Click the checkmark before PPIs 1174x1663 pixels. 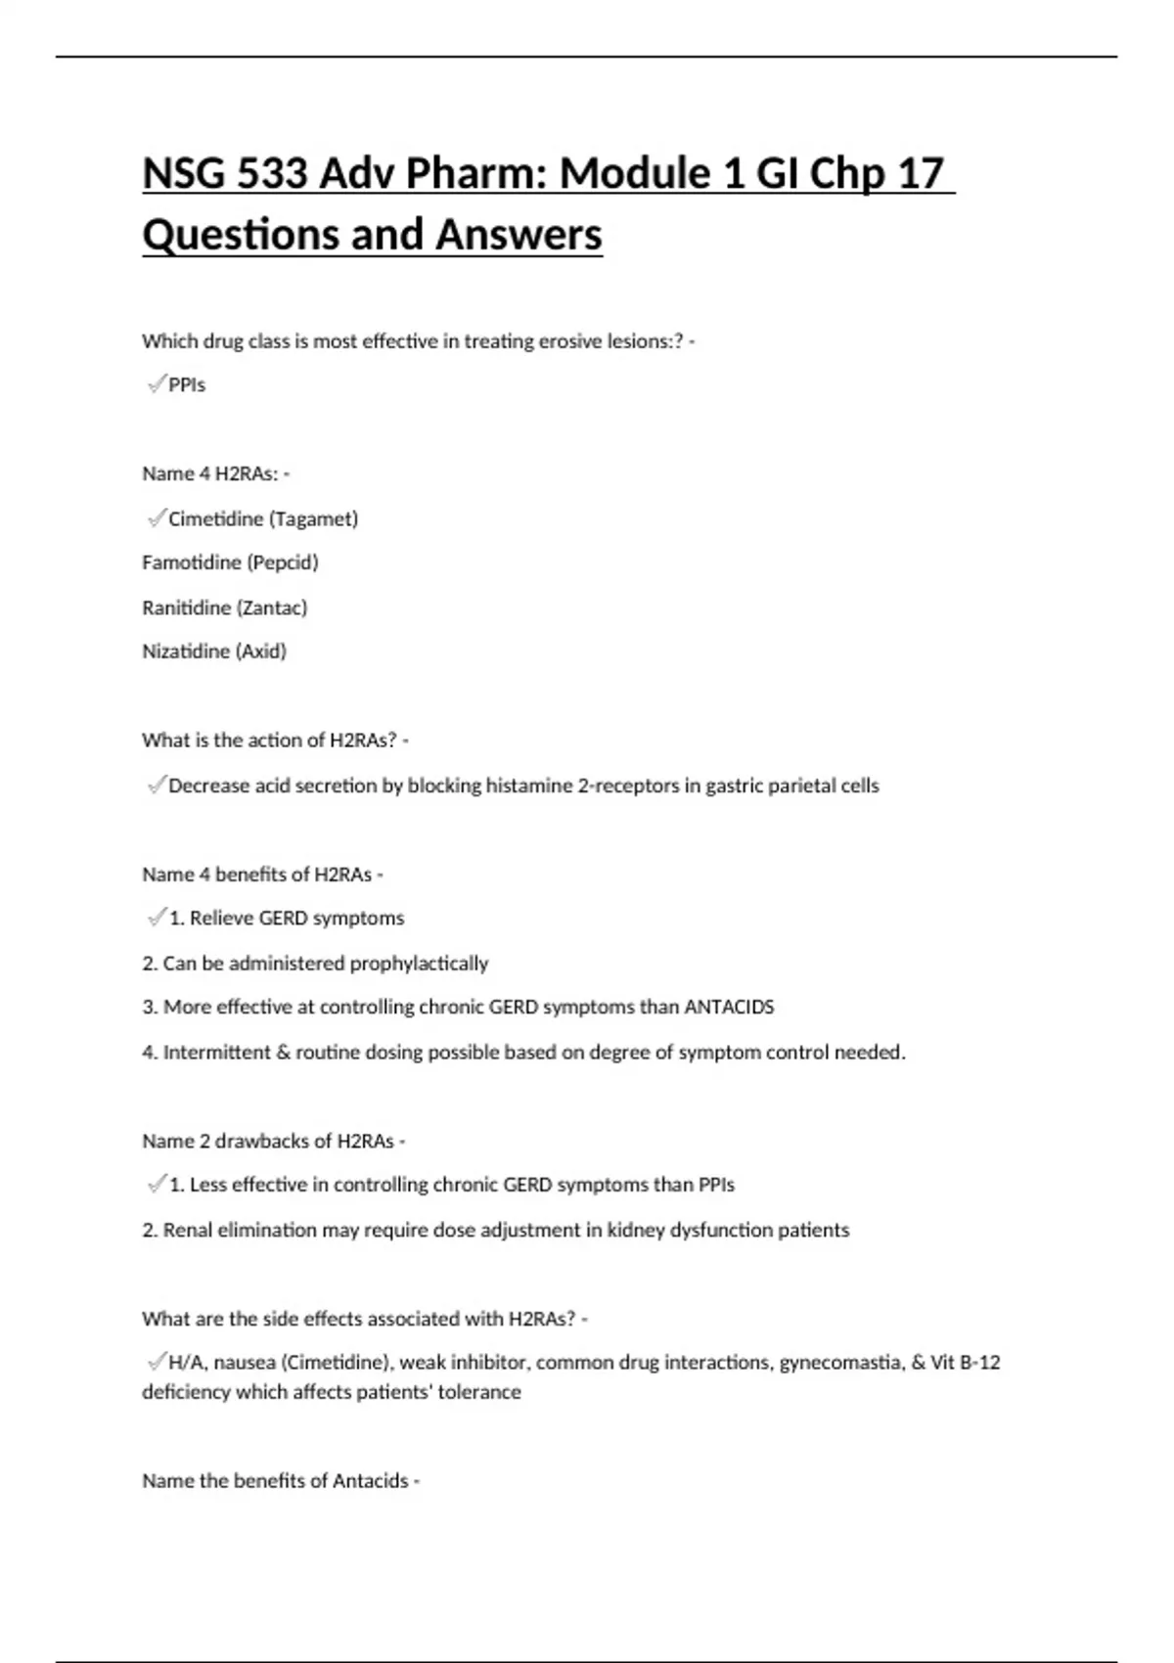coord(156,384)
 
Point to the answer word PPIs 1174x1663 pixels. coord(187,385)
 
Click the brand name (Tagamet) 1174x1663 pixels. coord(313,518)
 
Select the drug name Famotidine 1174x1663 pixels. coord(192,562)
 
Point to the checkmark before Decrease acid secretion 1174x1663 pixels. coord(156,785)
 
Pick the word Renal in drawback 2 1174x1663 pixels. coord(187,1231)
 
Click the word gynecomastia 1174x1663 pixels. coord(841,1363)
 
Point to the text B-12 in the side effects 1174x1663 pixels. coord(979,1363)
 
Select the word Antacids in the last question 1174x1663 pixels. coord(371,1481)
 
